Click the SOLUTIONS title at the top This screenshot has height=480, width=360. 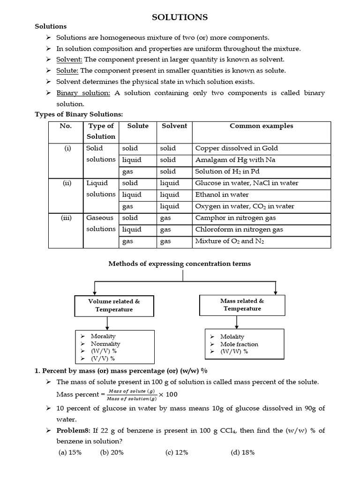[180, 17]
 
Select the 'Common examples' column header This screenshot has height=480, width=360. [261, 126]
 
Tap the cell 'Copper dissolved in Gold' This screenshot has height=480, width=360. [236, 148]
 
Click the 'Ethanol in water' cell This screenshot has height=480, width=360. [222, 195]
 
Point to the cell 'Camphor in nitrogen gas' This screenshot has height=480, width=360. [235, 217]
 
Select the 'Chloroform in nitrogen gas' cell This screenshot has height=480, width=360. [239, 229]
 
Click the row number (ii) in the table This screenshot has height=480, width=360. [67, 183]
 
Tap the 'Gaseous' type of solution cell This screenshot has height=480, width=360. [100, 217]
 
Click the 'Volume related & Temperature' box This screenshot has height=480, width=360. [114, 305]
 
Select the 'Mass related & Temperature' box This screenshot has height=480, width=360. [242, 305]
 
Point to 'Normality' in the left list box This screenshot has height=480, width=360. [105, 344]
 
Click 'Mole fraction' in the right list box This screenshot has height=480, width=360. [239, 344]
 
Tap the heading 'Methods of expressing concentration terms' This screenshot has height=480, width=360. [180, 263]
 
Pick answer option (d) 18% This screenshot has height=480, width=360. [242, 452]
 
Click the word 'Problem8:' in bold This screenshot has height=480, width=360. [74, 430]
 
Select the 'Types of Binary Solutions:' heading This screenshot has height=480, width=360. [79, 114]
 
